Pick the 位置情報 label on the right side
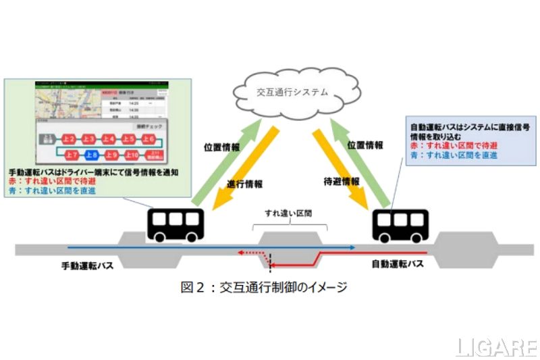click(366, 144)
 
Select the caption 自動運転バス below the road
click(398, 264)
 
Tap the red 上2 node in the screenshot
click(69, 139)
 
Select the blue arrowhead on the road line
click(352, 248)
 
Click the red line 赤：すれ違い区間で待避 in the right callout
click(446, 147)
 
